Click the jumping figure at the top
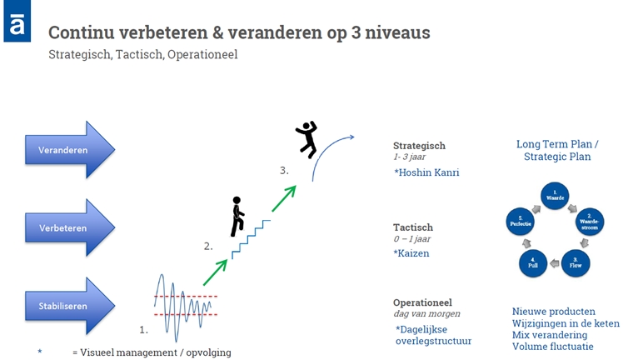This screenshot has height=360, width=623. [307, 139]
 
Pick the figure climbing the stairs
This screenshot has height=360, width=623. [237, 216]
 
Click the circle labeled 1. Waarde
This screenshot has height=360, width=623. [554, 196]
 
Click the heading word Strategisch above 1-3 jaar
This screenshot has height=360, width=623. [419, 145]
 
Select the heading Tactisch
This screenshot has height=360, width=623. [413, 227]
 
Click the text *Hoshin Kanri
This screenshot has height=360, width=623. [426, 172]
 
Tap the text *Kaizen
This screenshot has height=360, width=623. [412, 252]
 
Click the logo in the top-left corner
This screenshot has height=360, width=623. [17, 21]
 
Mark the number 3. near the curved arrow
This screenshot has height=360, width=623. [285, 171]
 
